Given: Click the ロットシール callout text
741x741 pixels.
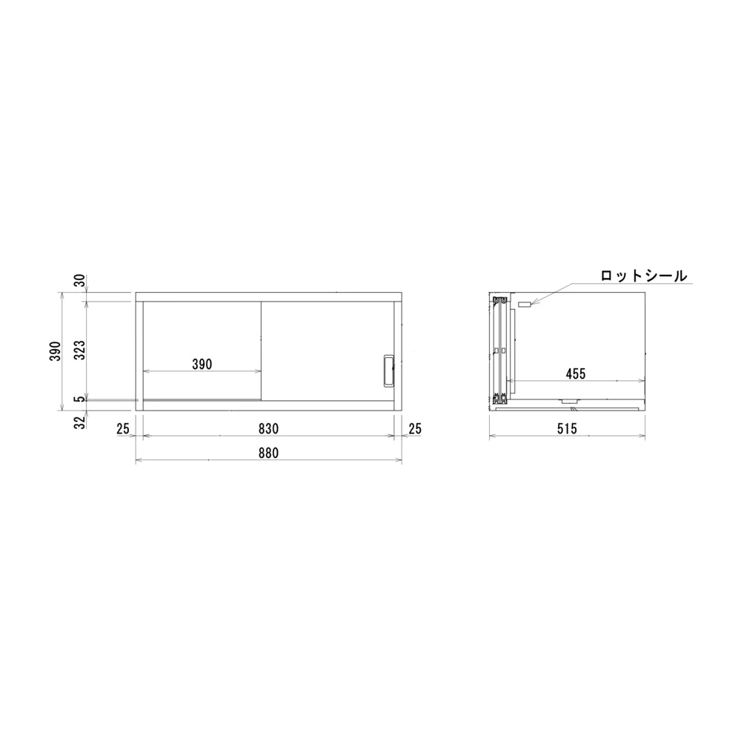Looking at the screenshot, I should coord(644,275).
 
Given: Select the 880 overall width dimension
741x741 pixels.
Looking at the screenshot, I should coord(268,453).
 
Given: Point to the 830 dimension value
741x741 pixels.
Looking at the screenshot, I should coord(268,428).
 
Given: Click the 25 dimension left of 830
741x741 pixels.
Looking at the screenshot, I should coord(123,428).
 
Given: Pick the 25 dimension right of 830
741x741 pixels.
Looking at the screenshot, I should coord(414,428).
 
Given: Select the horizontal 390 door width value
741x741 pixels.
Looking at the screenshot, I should coord(202,364).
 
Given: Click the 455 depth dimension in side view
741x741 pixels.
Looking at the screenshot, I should coord(575,374).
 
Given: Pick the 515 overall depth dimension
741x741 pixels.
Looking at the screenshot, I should coord(568,428).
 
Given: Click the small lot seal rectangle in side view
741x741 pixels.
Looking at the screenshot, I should coord(525,305).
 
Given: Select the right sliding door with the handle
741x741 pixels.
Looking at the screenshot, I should coord(326,333).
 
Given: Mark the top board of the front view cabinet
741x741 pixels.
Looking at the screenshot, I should coord(268,297).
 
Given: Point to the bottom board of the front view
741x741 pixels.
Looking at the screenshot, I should coord(268,405).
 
